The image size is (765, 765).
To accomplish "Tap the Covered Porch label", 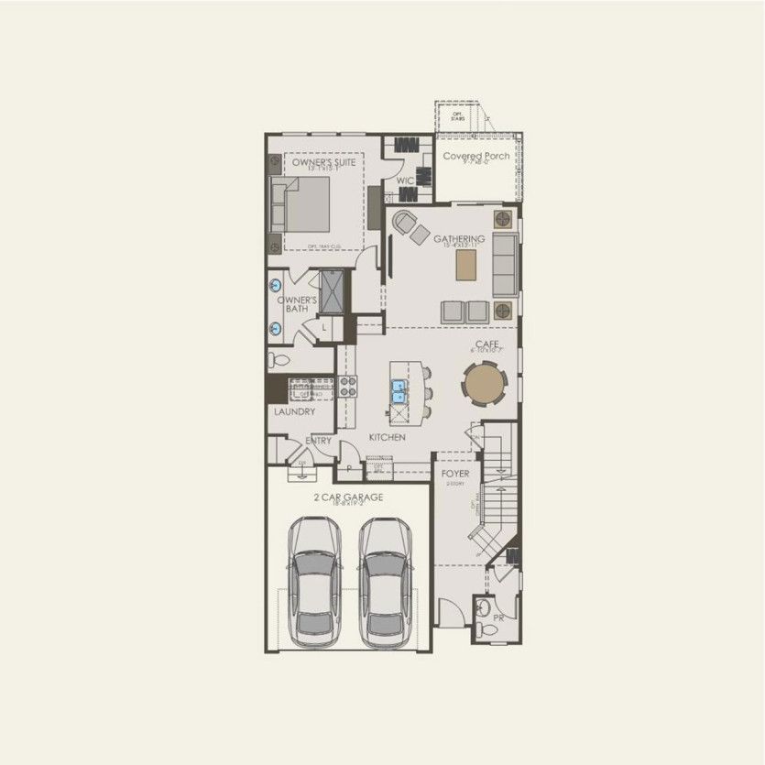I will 476,156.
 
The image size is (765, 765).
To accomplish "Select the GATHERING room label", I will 459,239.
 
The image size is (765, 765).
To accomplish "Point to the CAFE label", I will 485,344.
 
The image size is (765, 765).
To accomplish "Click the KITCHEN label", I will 387,438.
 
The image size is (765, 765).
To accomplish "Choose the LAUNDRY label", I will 294,412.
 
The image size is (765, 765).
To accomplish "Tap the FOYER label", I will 455,474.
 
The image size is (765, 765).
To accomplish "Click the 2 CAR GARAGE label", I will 348,497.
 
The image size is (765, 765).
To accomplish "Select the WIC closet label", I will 405,181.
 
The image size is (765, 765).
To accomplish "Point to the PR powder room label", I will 497,618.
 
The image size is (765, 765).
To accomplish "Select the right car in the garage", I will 385,581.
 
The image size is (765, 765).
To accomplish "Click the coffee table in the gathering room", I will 467,265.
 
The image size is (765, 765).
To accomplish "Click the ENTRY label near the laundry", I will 319,441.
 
